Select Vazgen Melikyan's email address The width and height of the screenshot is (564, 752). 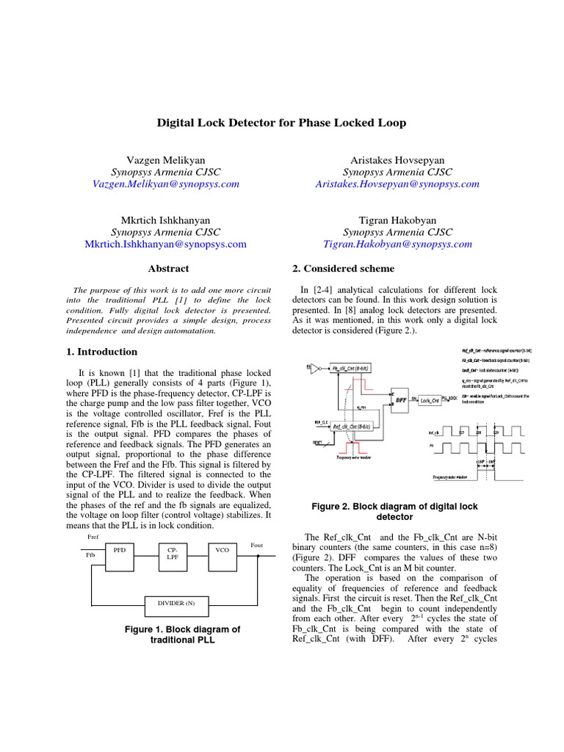[x=165, y=184]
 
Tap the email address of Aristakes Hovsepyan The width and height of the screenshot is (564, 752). [x=397, y=184]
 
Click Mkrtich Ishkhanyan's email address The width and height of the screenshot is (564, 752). [x=165, y=244]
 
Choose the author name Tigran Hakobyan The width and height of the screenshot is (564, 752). [x=397, y=220]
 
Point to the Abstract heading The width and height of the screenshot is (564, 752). [x=168, y=269]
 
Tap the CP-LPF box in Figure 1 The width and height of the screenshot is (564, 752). [x=173, y=553]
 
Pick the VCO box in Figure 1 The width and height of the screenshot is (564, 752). [x=223, y=549]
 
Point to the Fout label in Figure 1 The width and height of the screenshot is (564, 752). [x=256, y=545]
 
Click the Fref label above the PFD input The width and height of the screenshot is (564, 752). [x=94, y=537]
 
